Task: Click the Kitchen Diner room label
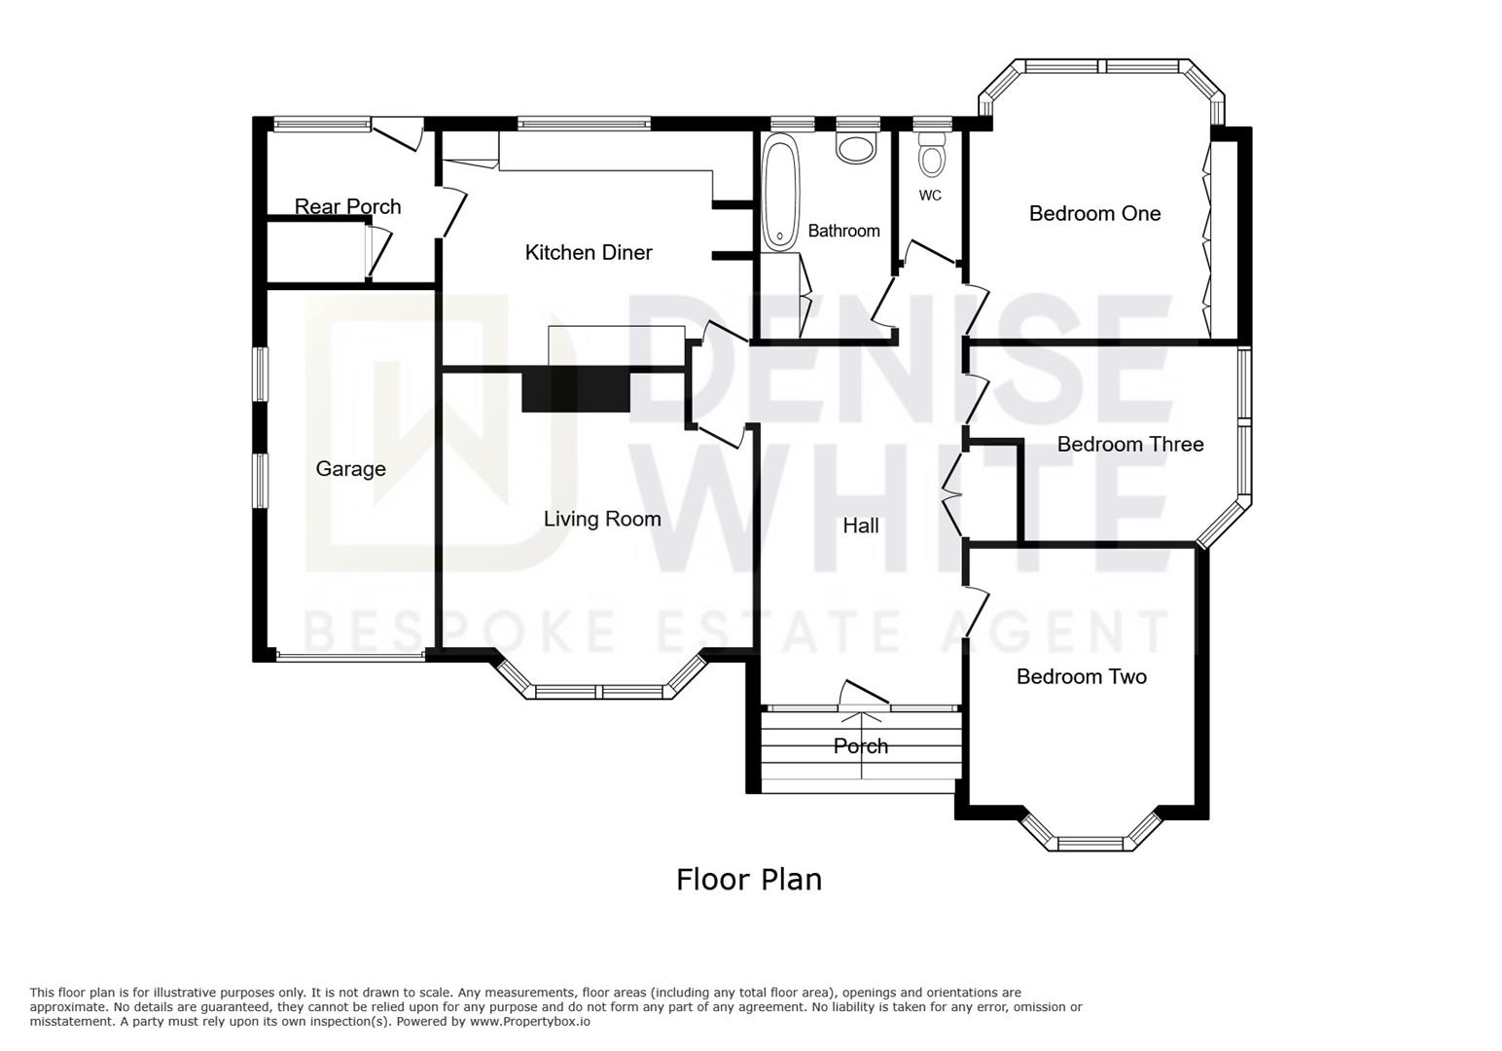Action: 589,252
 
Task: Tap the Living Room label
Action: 602,519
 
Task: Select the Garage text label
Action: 350,468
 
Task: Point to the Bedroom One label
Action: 1095,213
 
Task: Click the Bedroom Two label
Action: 1082,676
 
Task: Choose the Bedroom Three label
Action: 1130,444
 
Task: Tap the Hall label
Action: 860,525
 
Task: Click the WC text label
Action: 930,196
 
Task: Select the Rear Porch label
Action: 348,206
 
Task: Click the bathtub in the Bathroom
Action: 781,193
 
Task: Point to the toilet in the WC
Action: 931,153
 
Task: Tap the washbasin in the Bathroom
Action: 857,148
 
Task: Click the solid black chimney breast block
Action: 576,391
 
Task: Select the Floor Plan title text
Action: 749,880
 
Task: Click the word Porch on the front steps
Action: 861,745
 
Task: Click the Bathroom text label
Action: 843,231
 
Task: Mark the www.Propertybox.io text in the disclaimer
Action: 530,1022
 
